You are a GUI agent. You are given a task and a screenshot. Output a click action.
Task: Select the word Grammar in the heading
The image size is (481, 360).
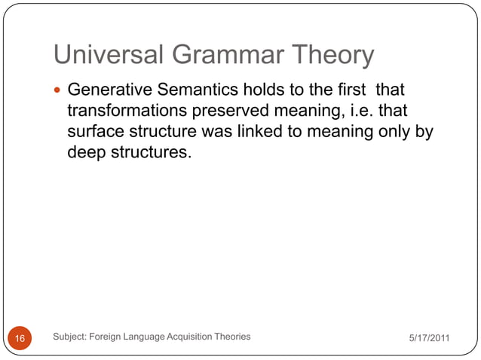[210, 56]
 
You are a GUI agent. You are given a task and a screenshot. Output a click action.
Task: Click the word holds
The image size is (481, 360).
[262, 91]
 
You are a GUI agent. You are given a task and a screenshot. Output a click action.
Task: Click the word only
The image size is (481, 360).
[393, 132]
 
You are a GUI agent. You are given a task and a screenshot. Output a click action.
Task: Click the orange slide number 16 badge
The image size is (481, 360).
[20, 339]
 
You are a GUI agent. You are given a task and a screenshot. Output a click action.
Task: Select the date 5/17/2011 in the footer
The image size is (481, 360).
[429, 338]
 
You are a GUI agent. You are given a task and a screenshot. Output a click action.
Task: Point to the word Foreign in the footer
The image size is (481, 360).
[107, 337]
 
